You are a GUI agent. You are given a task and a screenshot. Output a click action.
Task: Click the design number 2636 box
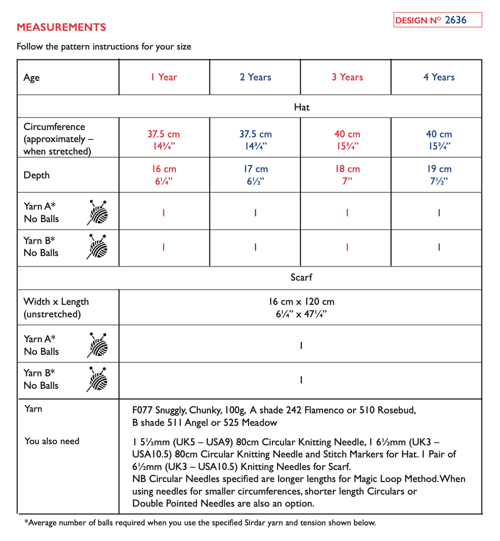[x=437, y=20]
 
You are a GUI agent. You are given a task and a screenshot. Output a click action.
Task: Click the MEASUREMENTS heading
[x=61, y=27]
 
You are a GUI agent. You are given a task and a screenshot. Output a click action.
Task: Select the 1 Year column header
[x=164, y=77]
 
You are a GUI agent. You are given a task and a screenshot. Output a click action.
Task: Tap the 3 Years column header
[x=347, y=77]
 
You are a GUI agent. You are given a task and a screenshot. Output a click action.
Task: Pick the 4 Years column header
[x=439, y=77]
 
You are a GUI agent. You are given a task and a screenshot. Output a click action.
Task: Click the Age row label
[x=32, y=78]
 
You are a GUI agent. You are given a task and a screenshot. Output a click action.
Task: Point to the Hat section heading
[x=301, y=107]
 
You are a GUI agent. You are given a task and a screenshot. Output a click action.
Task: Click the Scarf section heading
[x=301, y=278]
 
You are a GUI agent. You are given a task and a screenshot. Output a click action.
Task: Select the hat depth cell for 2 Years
[x=255, y=175]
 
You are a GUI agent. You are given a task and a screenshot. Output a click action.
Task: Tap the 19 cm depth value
[x=439, y=169]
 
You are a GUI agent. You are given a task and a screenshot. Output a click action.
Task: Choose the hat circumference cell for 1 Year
[x=164, y=140]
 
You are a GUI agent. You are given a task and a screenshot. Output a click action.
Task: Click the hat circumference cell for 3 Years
[x=347, y=140]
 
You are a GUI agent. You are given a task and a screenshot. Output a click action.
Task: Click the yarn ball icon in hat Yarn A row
[x=98, y=213]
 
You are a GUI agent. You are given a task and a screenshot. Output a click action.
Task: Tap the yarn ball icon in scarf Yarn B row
[x=98, y=379]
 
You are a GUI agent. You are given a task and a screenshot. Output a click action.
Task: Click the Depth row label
[x=37, y=175]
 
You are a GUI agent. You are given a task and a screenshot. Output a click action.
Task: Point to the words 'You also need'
[x=52, y=441]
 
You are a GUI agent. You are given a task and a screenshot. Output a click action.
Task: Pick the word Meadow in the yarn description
[x=259, y=423]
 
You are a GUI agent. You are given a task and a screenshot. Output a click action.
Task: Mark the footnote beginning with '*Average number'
[x=200, y=523]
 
